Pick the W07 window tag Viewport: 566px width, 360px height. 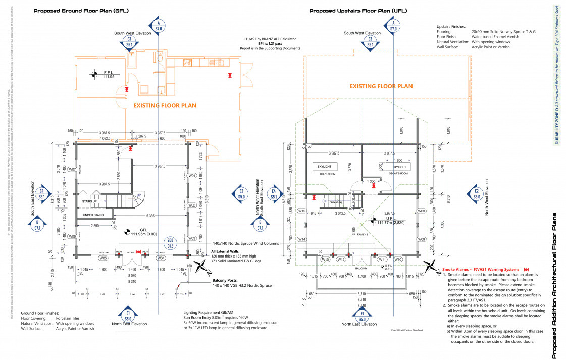coord(72,169)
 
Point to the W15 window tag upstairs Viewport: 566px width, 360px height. coord(302,211)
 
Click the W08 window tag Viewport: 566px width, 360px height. coord(421,211)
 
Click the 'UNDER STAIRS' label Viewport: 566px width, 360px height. coord(93,215)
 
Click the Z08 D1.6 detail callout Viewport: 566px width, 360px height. coord(171,243)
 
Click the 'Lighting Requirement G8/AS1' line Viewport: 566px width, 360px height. coord(213,313)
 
